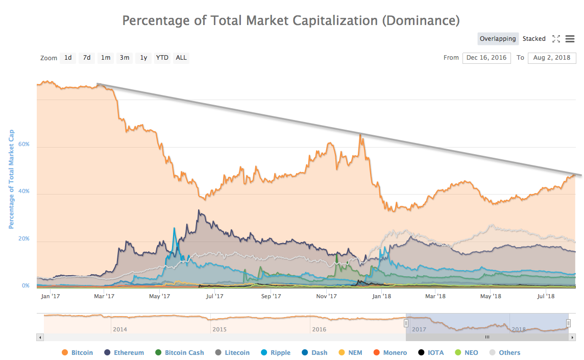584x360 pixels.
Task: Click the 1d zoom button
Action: click(68, 58)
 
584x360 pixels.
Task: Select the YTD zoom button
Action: click(162, 58)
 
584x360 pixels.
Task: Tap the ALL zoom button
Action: click(181, 58)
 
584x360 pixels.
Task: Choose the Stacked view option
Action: click(534, 39)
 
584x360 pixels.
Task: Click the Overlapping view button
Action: click(498, 39)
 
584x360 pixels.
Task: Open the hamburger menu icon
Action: click(570, 39)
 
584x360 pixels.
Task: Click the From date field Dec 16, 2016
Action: click(486, 58)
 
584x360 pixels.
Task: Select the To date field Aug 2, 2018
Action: click(552, 58)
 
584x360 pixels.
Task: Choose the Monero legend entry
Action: click(392, 352)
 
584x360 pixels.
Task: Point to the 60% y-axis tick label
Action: click(25, 145)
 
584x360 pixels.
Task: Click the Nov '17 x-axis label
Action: click(326, 296)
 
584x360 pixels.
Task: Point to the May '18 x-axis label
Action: click(490, 296)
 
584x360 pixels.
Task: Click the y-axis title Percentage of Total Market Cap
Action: click(11, 179)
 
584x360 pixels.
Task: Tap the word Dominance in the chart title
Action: click(419, 20)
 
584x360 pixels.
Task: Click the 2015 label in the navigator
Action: click(220, 329)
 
